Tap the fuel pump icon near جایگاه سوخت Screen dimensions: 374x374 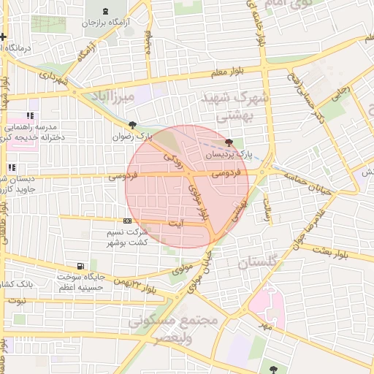pos(80,266)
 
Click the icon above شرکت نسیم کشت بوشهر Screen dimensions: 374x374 pos(127,220)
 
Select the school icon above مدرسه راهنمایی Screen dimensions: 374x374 pos(30,115)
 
